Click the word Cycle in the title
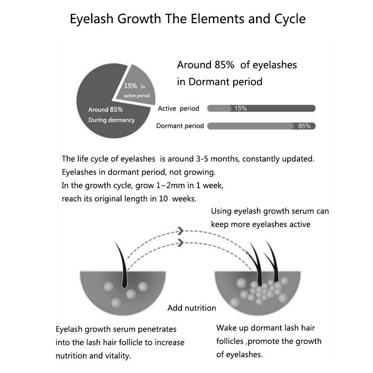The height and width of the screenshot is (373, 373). (x=290, y=19)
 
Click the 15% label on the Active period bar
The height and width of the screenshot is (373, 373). (x=240, y=109)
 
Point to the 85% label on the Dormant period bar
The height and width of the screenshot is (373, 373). (x=304, y=126)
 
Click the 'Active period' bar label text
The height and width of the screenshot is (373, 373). (x=178, y=109)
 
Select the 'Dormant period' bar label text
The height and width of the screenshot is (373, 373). (x=180, y=126)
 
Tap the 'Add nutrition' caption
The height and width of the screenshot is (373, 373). (x=192, y=308)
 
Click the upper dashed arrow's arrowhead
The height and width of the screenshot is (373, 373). (x=181, y=231)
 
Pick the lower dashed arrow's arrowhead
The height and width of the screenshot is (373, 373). (x=181, y=243)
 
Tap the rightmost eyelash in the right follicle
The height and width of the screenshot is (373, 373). (x=274, y=262)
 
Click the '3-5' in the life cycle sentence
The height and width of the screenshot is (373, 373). (x=202, y=159)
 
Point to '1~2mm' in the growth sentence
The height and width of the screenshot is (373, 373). (x=170, y=186)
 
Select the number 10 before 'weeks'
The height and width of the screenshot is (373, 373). (x=163, y=199)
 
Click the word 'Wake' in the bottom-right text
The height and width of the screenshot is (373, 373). (x=226, y=328)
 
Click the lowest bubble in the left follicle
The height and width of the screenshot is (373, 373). (x=116, y=303)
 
